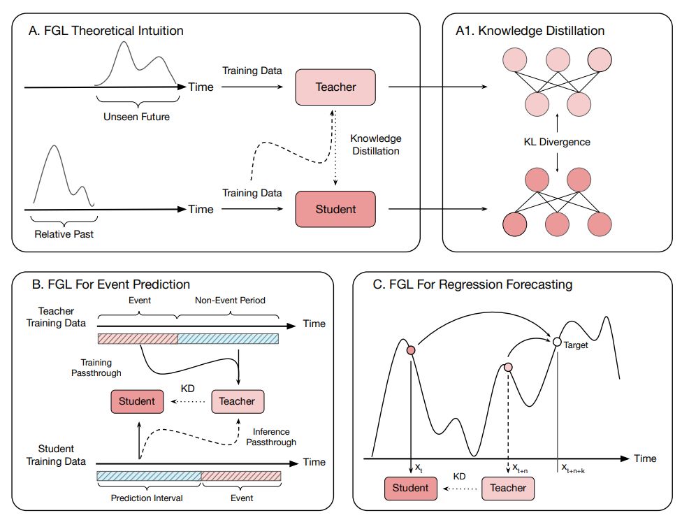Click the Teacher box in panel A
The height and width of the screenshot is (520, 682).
click(335, 87)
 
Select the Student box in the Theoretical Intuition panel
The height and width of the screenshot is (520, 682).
click(335, 209)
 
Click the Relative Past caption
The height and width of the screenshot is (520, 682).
click(64, 234)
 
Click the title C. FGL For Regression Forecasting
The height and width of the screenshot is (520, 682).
click(472, 284)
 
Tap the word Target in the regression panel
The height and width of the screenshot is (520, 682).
click(576, 345)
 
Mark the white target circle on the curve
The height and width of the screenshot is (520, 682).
click(557, 342)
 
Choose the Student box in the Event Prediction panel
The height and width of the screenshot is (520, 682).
click(137, 401)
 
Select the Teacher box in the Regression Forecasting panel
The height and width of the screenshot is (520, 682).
click(508, 487)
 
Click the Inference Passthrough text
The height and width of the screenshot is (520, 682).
click(272, 437)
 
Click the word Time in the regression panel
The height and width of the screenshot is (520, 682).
click(645, 458)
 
